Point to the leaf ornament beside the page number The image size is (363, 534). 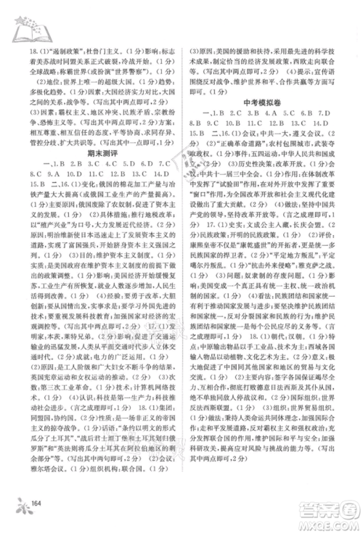pyautogui.click(x=20, y=501)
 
